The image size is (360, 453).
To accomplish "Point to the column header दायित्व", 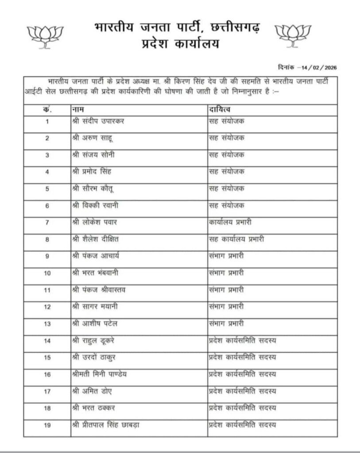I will click(x=219, y=108).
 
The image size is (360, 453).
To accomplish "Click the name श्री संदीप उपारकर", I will click(x=98, y=121).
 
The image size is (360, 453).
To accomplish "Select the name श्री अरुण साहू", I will click(x=91, y=138).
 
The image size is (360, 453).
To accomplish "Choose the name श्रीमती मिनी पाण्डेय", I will click(x=105, y=374).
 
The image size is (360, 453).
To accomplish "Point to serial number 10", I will click(x=47, y=273).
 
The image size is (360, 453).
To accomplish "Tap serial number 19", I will click(x=47, y=425).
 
